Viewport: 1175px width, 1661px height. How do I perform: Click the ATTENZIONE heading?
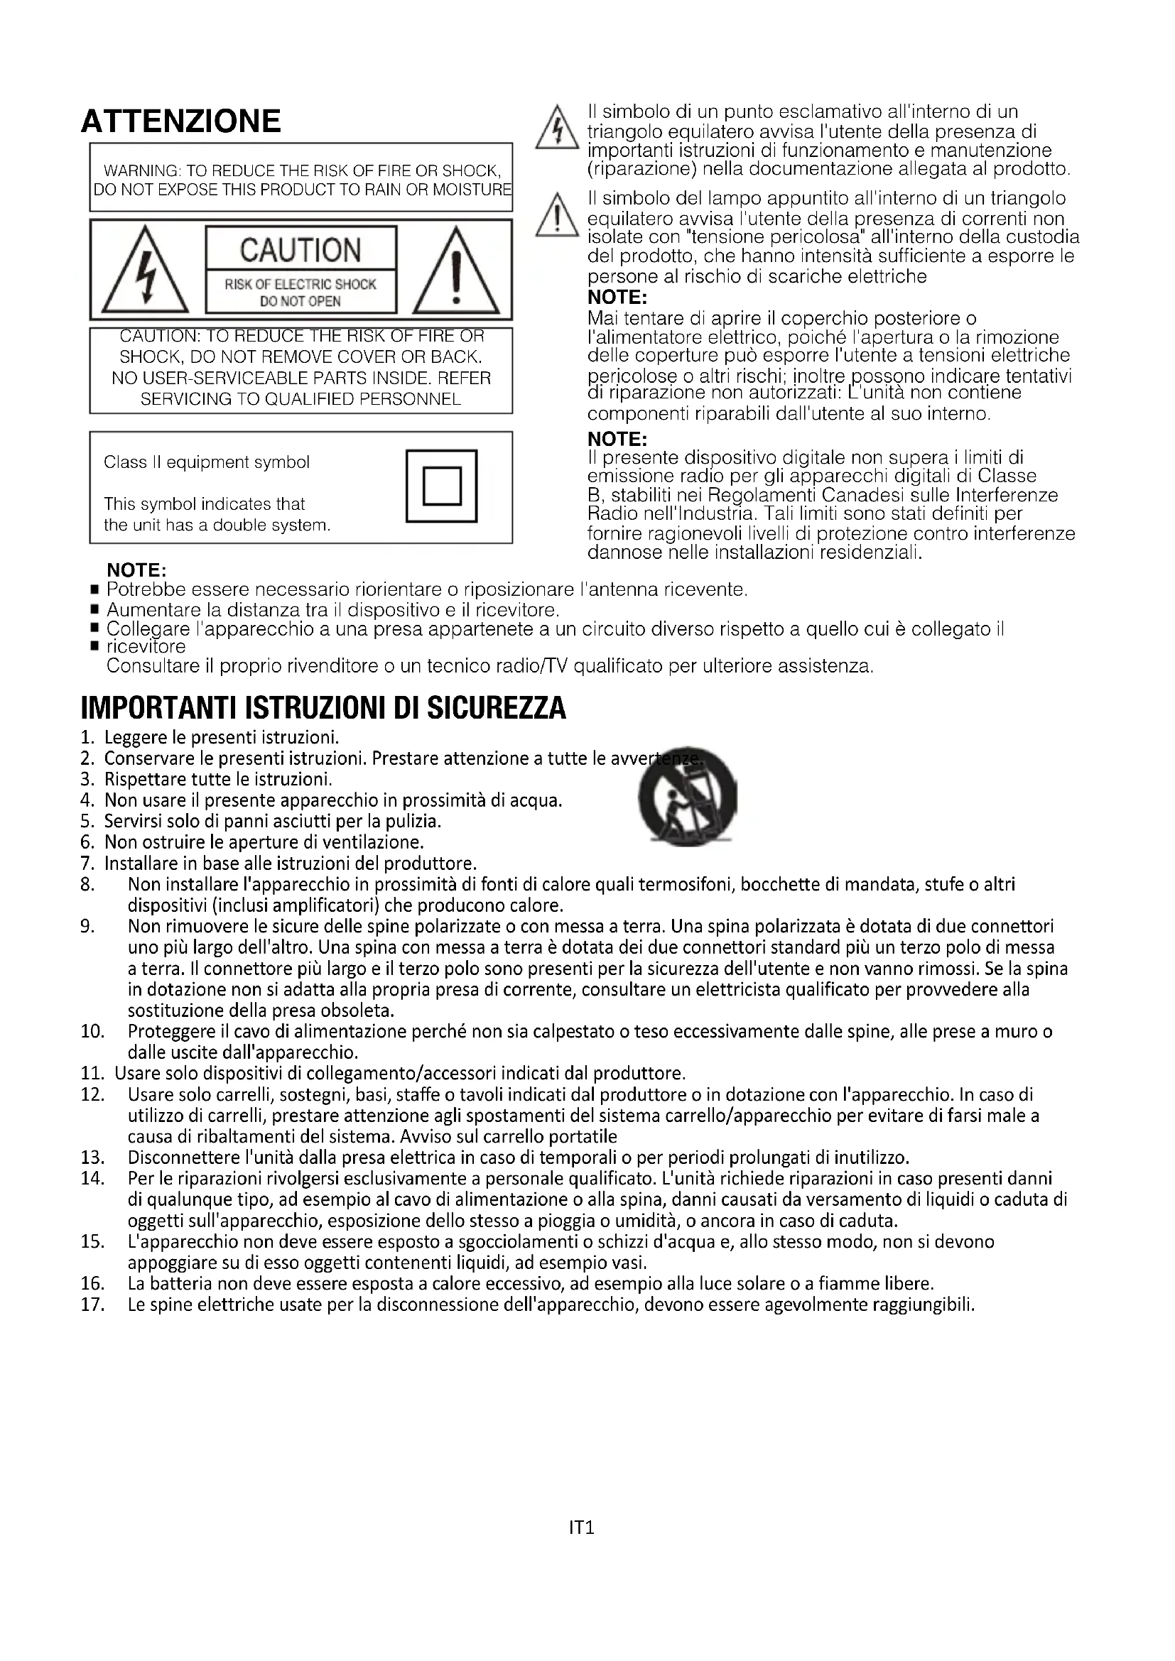click(181, 121)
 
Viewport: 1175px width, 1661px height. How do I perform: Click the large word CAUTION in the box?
click(300, 250)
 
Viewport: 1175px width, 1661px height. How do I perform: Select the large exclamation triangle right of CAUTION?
click(456, 271)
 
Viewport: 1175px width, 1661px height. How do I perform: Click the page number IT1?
click(582, 1528)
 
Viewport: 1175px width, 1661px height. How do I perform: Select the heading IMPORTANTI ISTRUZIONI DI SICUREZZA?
click(323, 708)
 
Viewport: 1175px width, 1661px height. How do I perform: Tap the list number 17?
click(92, 1305)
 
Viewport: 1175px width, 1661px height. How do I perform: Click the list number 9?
click(87, 927)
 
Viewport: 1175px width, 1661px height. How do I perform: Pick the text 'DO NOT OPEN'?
click(300, 302)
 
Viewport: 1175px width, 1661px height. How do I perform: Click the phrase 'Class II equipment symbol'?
click(206, 462)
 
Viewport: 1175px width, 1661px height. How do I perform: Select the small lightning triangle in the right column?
click(556, 129)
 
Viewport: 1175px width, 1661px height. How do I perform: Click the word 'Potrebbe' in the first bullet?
click(145, 589)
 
